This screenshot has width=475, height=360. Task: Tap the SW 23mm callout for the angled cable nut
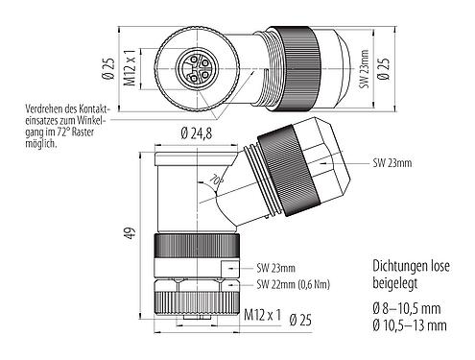click(x=393, y=164)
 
